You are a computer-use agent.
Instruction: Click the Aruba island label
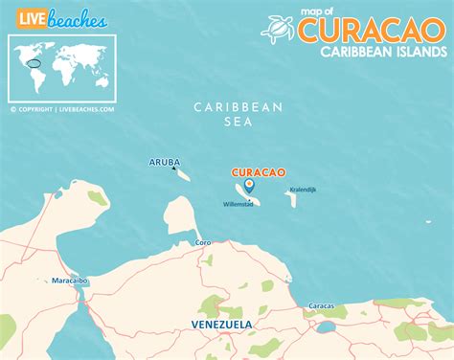[x=164, y=162]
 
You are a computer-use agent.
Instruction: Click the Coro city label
[x=203, y=243]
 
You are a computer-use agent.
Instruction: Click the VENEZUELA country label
[x=221, y=325]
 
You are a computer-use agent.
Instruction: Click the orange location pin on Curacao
[x=249, y=185]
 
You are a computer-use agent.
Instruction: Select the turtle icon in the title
[x=277, y=29]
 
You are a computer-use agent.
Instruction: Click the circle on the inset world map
[x=35, y=64]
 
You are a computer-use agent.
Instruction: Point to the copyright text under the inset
[x=62, y=109]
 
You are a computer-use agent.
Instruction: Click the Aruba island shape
[x=184, y=173]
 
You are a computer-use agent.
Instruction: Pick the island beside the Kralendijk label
[x=288, y=198]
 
